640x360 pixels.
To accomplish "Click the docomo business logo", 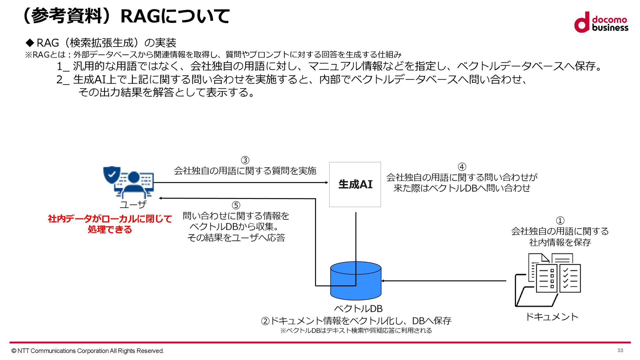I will coord(601,22).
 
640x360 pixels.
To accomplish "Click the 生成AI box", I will coord(355,184).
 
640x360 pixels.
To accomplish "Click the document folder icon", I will coord(548,280).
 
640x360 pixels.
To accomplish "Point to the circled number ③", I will coord(245,160).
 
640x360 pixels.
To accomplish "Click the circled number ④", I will coord(462,167).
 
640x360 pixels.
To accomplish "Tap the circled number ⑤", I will coord(236,205).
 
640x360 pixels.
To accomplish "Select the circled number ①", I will coord(560,221).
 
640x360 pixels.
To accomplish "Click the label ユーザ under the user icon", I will coord(133,204).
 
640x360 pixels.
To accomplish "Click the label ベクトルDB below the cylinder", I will coord(358,309).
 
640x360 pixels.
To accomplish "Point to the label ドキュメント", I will coord(552,317).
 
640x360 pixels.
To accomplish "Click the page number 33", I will coord(620,350).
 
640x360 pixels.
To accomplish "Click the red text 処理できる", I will coord(110,230).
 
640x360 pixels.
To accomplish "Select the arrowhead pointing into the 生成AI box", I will coord(327,182).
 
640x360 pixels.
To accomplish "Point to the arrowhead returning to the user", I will coord(161,198).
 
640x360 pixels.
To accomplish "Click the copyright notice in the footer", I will coord(87,351).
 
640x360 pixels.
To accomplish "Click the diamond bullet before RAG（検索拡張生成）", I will coord(30,43).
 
